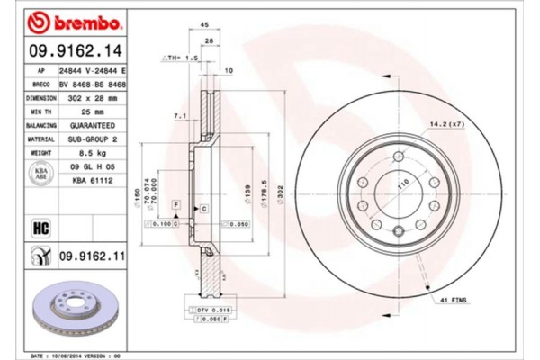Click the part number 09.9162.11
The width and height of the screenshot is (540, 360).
(92, 257)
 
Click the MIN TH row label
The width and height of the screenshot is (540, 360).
(41, 112)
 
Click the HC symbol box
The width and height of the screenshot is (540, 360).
(41, 227)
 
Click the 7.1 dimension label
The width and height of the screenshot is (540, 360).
(179, 116)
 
